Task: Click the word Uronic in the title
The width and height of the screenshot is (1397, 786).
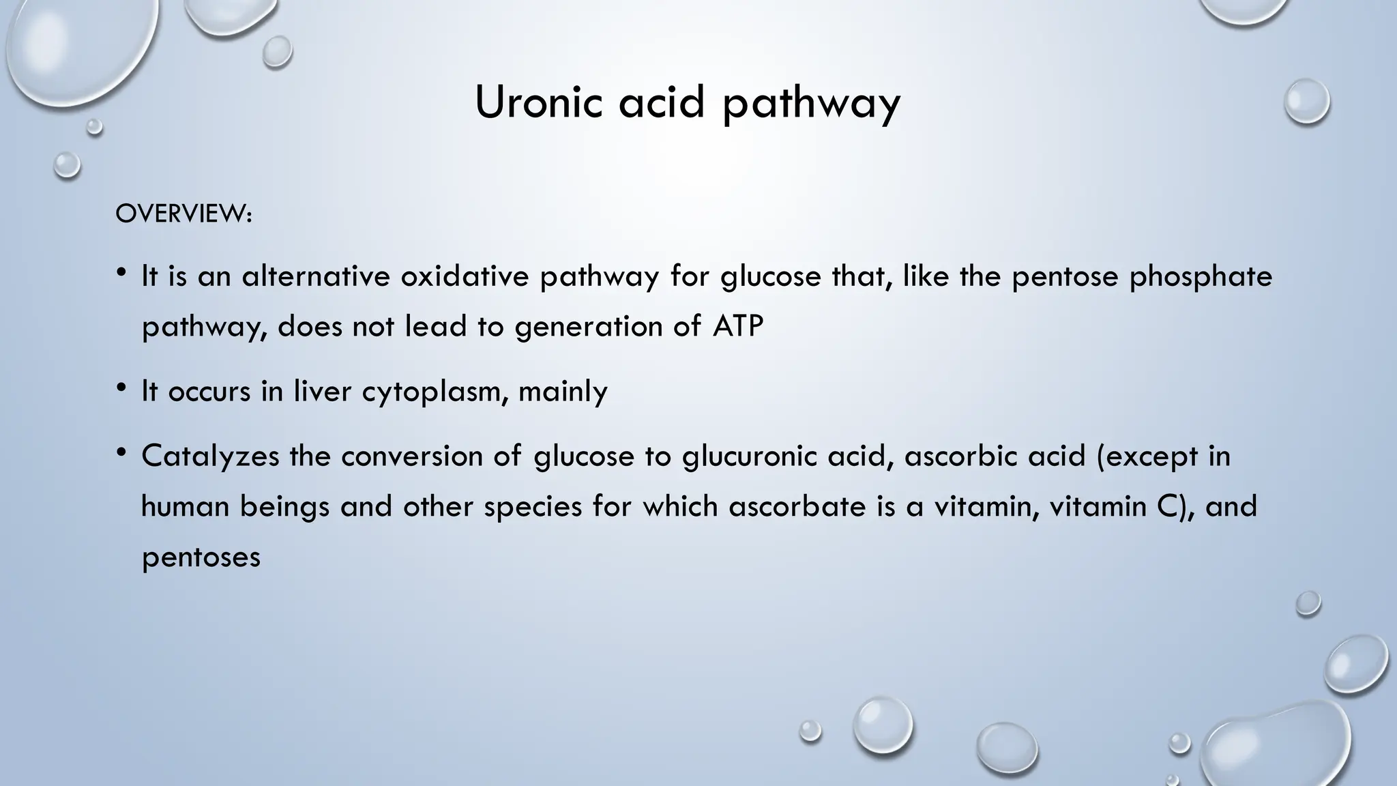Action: click(x=538, y=102)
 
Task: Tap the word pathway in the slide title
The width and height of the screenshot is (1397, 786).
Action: click(x=812, y=104)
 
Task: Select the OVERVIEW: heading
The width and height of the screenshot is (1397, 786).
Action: click(x=183, y=214)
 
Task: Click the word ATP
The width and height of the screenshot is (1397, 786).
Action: click(x=737, y=326)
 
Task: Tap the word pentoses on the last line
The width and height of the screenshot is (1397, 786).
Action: click(x=201, y=557)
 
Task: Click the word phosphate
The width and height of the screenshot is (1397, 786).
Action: click(x=1201, y=276)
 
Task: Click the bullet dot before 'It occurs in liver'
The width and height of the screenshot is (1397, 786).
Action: click(x=121, y=388)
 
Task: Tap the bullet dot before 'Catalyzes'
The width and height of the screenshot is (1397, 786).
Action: click(x=121, y=452)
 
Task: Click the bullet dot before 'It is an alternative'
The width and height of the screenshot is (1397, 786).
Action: click(x=121, y=273)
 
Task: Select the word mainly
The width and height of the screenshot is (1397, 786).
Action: click(x=563, y=392)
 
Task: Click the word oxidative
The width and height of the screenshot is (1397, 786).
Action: click(x=464, y=276)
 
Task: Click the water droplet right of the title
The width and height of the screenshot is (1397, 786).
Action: click(x=1306, y=102)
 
